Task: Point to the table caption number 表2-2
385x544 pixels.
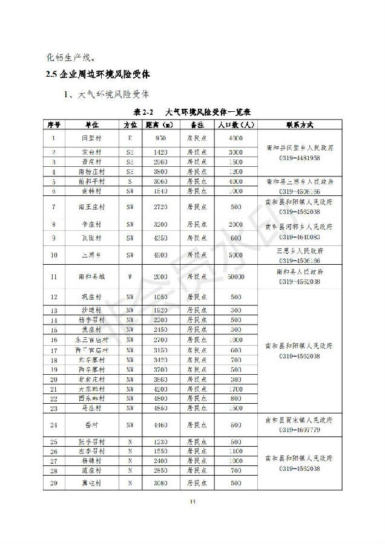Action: coord(145,112)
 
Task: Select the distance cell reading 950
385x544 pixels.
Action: coord(160,138)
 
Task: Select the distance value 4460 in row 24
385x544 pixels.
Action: coord(160,425)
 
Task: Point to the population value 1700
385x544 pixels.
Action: coord(235,389)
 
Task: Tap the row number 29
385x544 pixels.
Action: coord(54,483)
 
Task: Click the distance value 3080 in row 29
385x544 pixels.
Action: coord(160,483)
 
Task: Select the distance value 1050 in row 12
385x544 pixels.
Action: coord(160,297)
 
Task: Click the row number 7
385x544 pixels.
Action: coord(54,207)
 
